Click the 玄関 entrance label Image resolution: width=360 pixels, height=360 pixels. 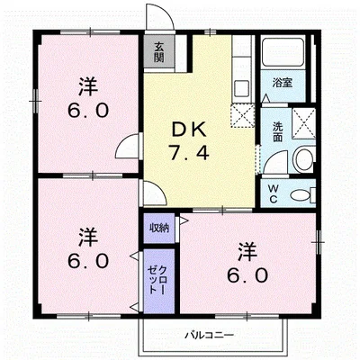[159, 52]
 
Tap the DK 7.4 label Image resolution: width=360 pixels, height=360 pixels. [189, 141]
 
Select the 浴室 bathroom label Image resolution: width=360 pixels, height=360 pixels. [283, 83]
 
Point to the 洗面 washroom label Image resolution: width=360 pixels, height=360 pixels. [278, 132]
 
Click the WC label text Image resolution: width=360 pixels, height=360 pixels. [273, 194]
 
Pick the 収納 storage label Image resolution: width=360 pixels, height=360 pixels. [159, 228]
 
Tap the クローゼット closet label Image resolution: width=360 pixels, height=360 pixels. [157, 280]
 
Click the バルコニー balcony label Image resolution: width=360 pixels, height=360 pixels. [209, 335]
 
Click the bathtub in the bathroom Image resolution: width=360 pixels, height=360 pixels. [283, 53]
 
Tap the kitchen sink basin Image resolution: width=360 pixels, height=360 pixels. [242, 88]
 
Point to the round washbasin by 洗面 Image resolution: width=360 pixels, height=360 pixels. [304, 159]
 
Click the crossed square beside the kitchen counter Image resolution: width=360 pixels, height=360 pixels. [243, 115]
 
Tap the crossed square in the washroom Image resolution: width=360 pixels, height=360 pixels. [303, 123]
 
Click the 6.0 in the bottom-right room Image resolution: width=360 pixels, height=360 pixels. [247, 275]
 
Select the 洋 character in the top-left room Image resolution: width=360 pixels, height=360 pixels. [88, 86]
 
